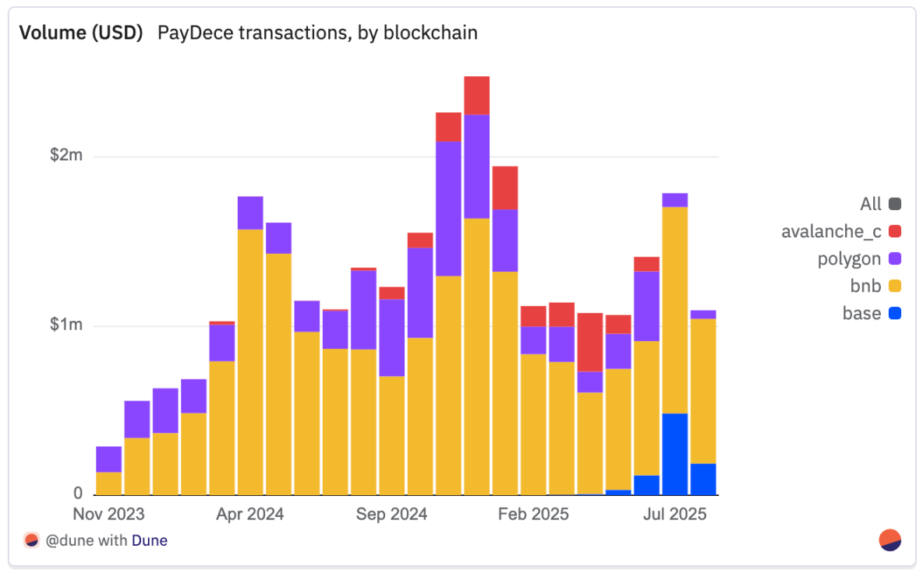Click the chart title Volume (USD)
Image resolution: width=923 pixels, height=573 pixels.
click(80, 33)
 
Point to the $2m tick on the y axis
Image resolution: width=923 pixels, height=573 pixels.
click(65, 156)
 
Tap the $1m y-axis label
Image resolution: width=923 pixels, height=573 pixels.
click(65, 325)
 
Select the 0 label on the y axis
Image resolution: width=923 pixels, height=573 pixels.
click(78, 494)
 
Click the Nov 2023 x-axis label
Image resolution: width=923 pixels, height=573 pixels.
click(108, 515)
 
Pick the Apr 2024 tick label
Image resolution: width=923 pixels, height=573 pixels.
click(250, 515)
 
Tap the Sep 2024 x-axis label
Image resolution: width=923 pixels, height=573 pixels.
click(392, 515)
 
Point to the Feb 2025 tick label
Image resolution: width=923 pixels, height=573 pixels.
click(534, 515)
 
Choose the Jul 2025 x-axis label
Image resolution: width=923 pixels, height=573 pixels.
click(675, 515)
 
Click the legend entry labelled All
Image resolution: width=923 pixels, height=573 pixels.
click(871, 205)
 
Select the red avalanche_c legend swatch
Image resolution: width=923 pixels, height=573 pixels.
click(894, 232)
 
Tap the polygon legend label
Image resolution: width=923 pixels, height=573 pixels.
click(849, 259)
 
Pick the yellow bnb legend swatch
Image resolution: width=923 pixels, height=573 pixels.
click(894, 286)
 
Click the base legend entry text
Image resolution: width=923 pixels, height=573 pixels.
click(861, 314)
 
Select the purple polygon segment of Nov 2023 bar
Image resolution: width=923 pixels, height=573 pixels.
click(108, 459)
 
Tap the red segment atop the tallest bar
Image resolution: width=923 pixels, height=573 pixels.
click(476, 95)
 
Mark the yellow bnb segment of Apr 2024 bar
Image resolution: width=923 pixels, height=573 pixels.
click(250, 362)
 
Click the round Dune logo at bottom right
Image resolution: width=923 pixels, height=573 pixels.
click(890, 540)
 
